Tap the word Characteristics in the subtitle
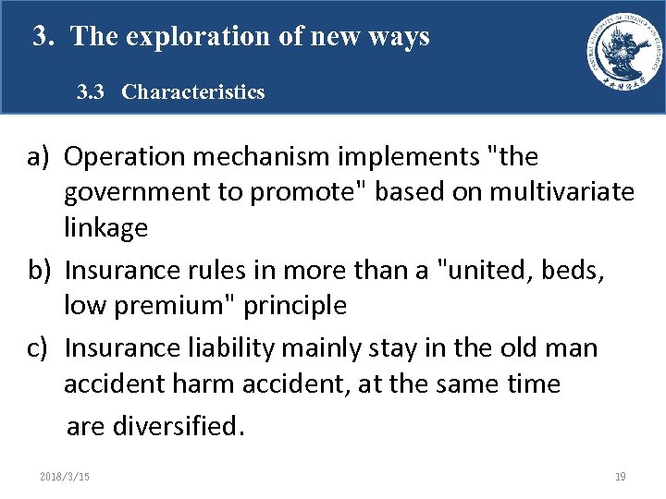click(192, 92)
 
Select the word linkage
click(105, 227)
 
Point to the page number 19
click(620, 477)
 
